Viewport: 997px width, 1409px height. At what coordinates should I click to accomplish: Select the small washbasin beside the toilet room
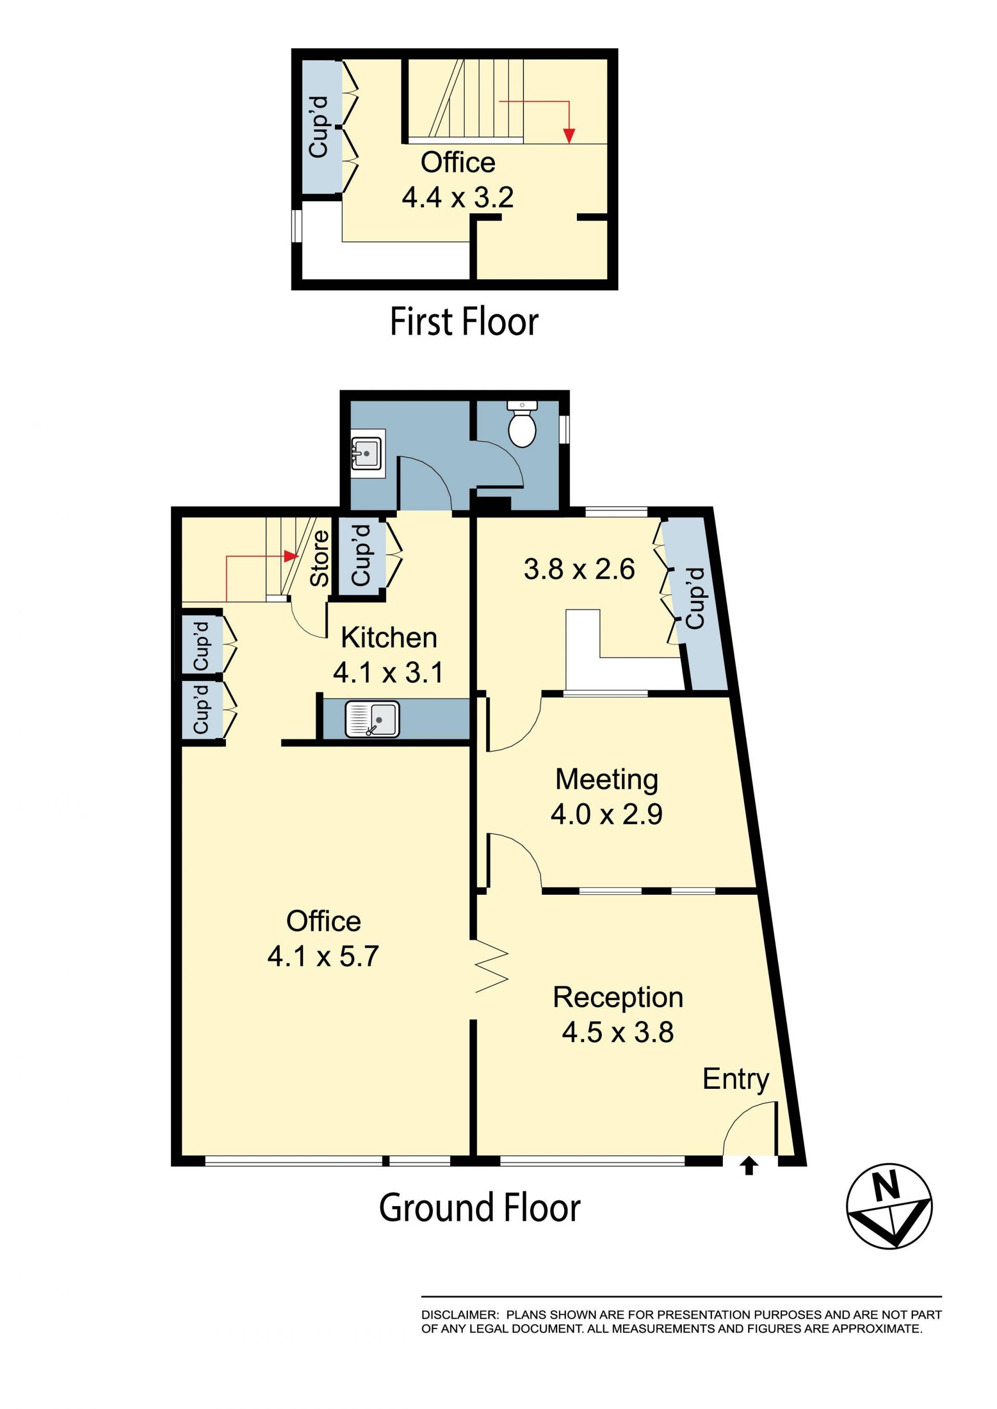pyautogui.click(x=368, y=454)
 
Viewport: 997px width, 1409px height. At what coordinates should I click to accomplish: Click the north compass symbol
pyautogui.click(x=889, y=1206)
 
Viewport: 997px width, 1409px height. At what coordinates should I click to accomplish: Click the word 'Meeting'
pyautogui.click(x=607, y=780)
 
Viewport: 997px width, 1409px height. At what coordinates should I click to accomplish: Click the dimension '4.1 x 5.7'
pyautogui.click(x=323, y=956)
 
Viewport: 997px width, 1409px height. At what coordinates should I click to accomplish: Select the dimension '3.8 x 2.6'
pyautogui.click(x=579, y=569)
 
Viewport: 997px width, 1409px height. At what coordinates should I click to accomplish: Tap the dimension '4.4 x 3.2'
pyautogui.click(x=457, y=198)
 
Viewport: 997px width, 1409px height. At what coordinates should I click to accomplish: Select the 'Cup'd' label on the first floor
pyautogui.click(x=319, y=127)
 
